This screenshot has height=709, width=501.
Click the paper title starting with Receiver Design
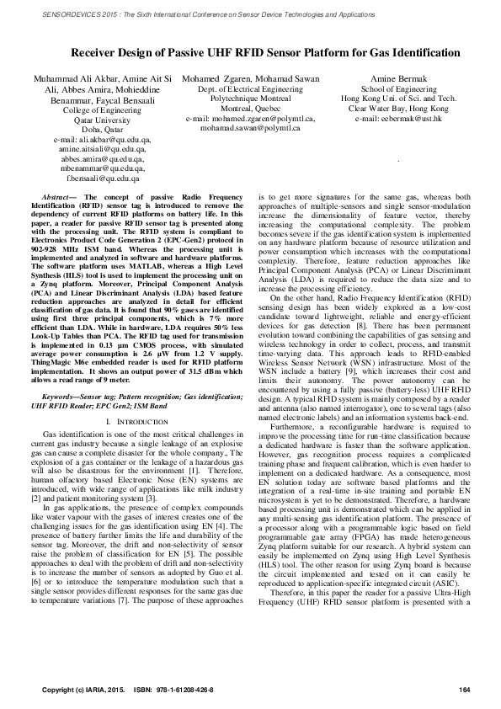(x=250, y=52)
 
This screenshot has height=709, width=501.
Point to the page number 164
(x=463, y=692)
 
